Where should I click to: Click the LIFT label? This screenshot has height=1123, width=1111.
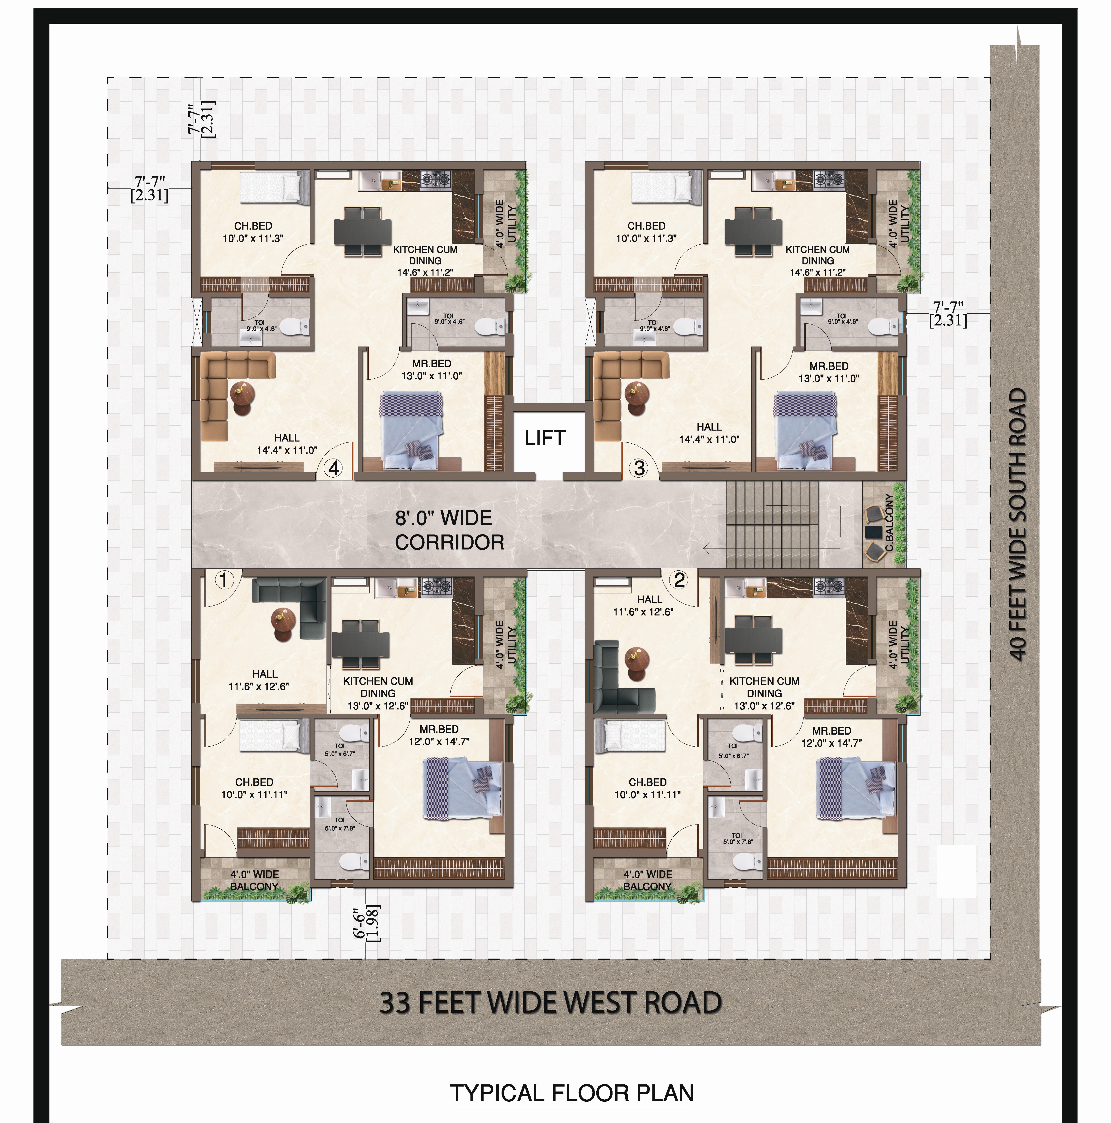point(544,438)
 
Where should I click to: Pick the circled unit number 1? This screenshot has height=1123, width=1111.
point(225,580)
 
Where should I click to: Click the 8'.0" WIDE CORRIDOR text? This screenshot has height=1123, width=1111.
point(449,530)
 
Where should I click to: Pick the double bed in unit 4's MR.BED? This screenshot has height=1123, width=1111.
point(411,430)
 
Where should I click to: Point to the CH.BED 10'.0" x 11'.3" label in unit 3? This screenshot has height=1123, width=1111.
point(646,232)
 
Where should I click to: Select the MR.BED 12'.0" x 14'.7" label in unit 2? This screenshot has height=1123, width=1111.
point(831,736)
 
